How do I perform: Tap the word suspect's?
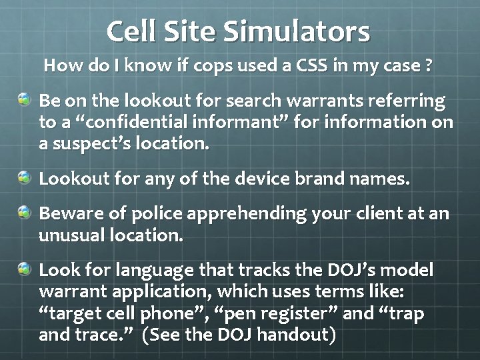coord(91,144)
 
